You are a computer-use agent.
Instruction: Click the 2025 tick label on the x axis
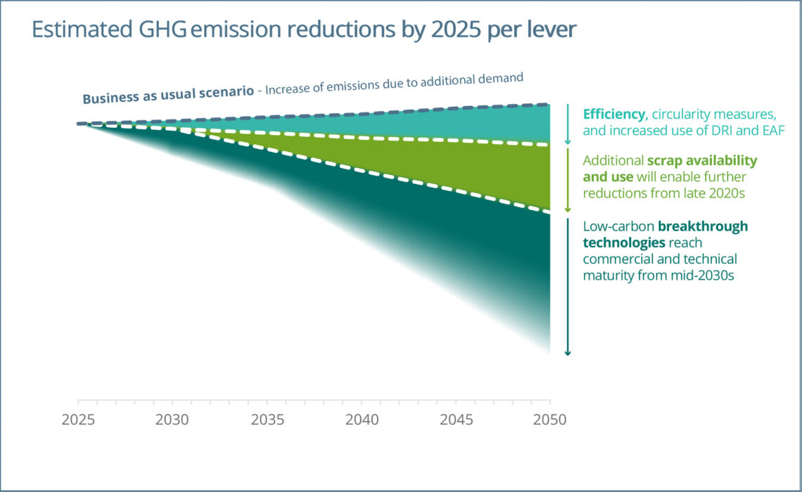[78, 420]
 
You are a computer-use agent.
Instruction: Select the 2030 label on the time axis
[172, 420]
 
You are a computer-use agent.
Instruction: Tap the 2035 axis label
[267, 420]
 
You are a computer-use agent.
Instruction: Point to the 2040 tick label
[361, 420]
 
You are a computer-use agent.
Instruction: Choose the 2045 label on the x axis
[455, 420]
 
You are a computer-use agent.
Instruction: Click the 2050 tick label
[549, 420]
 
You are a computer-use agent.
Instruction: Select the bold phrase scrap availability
[702, 161]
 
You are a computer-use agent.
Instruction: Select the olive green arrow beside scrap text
[567, 179]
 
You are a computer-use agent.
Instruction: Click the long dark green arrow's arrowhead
[567, 352]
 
